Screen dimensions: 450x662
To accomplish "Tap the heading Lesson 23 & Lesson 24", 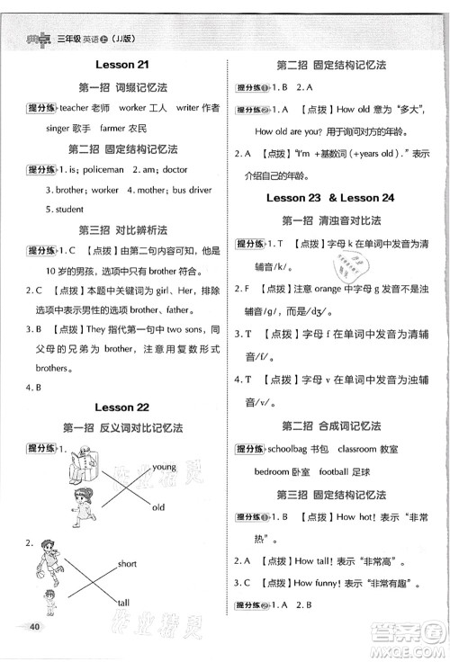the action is click(x=334, y=196).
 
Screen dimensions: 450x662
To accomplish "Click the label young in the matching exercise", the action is click(x=165, y=467).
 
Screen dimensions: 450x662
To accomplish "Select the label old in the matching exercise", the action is click(x=158, y=507).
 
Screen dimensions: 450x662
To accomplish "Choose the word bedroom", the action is click(x=271, y=470).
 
